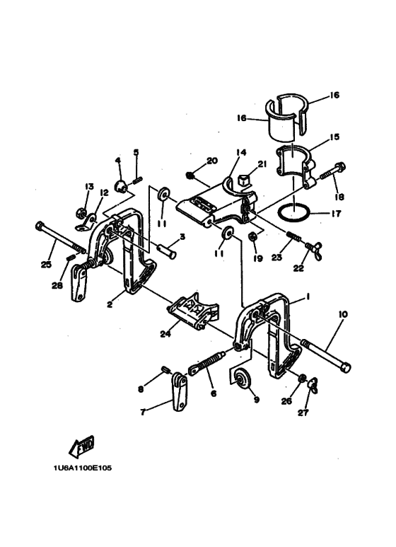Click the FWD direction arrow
(x=82, y=447)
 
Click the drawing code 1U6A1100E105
(x=83, y=468)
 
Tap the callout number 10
(x=343, y=314)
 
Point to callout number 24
(x=165, y=334)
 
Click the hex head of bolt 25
(x=39, y=226)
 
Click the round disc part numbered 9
(x=240, y=378)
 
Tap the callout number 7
(x=143, y=413)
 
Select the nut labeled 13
(x=81, y=212)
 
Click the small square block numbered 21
(x=243, y=180)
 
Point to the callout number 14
(x=241, y=152)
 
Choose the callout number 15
(x=334, y=137)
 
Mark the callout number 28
(x=57, y=285)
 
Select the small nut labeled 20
(x=190, y=174)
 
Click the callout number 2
(x=110, y=305)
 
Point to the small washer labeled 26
(x=302, y=378)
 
